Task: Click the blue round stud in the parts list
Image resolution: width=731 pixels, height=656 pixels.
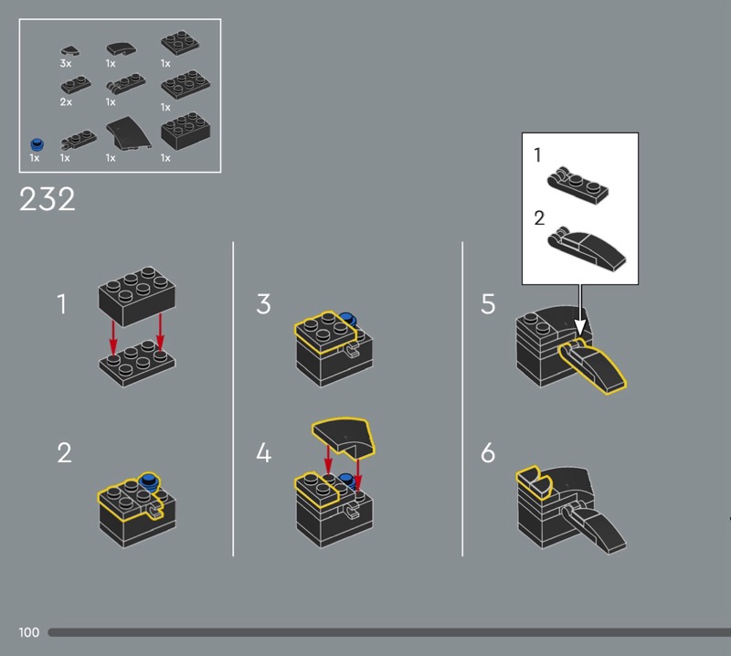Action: [37, 144]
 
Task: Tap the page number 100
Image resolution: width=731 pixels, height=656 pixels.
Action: [29, 632]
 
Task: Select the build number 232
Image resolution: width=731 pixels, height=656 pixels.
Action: [48, 199]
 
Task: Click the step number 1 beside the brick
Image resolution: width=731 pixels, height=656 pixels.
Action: [61, 304]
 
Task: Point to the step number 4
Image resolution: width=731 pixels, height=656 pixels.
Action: [263, 452]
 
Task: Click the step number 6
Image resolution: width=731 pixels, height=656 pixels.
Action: [488, 452]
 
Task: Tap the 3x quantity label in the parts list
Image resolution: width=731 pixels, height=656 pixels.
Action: [66, 63]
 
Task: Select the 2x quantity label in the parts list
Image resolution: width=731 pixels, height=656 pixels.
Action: [66, 101]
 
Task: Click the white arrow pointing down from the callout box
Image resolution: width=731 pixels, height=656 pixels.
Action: [580, 310]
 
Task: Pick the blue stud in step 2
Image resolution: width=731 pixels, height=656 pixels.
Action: [149, 481]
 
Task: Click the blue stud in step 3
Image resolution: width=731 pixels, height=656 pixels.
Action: [347, 319]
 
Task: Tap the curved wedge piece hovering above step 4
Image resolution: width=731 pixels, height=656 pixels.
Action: [344, 436]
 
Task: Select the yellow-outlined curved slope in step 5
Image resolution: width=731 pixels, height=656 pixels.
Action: [592, 366]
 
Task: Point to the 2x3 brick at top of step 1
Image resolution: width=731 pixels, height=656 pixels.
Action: [136, 296]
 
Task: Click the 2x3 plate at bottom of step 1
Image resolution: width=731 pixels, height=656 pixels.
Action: [137, 363]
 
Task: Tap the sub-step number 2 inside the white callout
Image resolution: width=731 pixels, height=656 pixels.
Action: [539, 218]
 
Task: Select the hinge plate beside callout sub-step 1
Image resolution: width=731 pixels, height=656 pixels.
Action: [577, 185]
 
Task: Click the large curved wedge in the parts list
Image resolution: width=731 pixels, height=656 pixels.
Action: [128, 133]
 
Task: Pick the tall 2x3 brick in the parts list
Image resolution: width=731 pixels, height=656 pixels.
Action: [185, 131]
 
